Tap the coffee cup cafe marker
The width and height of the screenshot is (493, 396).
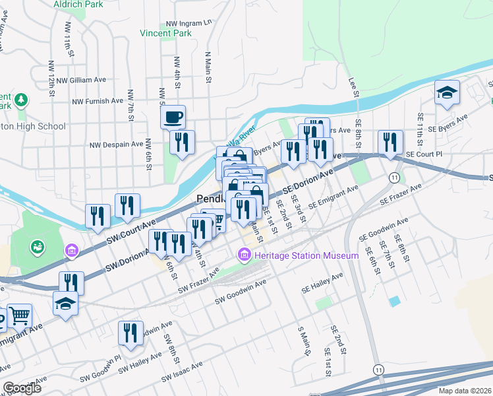[173, 117]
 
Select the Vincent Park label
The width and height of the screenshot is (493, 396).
[165, 32]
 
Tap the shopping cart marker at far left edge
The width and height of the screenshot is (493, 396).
[19, 316]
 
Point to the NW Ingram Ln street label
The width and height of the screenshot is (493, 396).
[189, 22]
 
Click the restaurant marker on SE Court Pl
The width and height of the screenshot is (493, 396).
[391, 142]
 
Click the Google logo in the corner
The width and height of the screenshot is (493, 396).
[22, 388]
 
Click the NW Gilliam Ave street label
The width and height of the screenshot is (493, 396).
[81, 80]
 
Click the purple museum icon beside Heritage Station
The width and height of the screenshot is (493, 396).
[245, 254]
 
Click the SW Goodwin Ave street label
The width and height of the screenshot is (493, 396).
[241, 292]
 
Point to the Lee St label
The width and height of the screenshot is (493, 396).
[355, 86]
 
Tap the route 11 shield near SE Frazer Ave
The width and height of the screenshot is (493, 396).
[393, 178]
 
